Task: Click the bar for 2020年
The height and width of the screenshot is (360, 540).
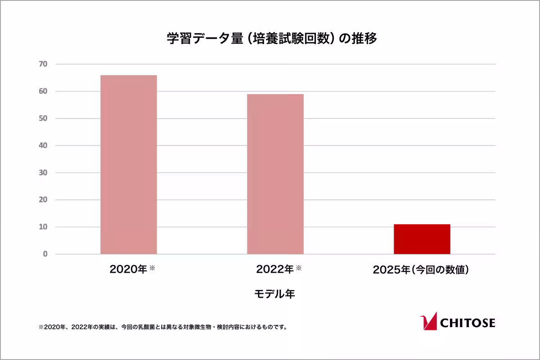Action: [129, 165]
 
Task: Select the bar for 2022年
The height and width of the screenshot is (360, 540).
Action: [275, 174]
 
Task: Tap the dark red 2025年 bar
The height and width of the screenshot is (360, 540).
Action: [422, 239]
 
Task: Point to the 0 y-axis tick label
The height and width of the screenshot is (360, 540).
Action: [45, 254]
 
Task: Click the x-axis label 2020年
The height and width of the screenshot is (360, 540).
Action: [128, 270]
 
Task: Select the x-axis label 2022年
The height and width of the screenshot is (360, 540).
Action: [275, 270]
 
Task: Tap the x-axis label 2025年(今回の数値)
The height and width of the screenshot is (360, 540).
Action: [421, 270]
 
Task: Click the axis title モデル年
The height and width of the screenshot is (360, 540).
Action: [274, 294]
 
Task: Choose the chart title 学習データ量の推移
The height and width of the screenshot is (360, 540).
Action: [272, 39]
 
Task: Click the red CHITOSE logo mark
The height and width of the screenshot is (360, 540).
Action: [428, 321]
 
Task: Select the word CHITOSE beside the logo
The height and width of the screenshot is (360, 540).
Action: [467, 323]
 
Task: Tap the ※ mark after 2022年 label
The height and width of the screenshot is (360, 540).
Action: [298, 268]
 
